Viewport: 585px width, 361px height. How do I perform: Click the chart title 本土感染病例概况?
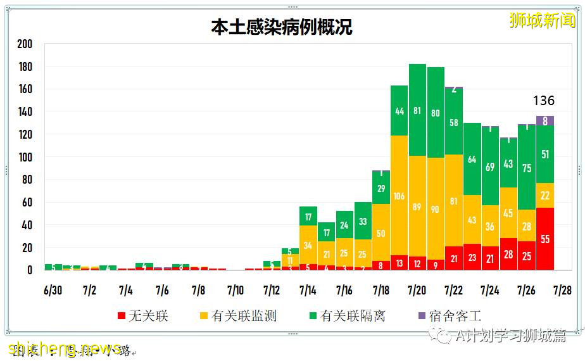click(281, 27)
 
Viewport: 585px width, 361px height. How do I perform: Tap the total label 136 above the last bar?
click(543, 101)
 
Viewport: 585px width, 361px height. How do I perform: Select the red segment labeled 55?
click(545, 239)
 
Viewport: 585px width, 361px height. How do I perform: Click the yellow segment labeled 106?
click(399, 196)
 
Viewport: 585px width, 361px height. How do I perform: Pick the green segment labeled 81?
click(417, 110)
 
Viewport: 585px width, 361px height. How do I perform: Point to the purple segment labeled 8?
click(545, 121)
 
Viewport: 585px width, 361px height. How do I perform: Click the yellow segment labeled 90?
click(436, 210)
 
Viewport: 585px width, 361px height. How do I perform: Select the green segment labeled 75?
click(527, 168)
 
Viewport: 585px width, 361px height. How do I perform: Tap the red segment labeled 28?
click(508, 254)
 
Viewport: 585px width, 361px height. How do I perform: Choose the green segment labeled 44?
click(399, 111)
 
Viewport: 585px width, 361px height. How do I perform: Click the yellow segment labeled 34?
click(308, 244)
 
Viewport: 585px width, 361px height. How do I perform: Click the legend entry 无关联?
click(142, 315)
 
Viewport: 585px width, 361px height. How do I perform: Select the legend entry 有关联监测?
click(238, 315)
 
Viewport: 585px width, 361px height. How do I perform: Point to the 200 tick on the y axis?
click(25, 44)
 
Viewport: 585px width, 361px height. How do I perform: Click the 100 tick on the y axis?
click(25, 157)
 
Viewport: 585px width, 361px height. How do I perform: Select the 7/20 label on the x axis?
click(417, 290)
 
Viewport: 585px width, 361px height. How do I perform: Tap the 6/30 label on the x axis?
click(53, 290)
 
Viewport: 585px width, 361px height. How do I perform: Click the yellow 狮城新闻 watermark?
click(543, 20)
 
